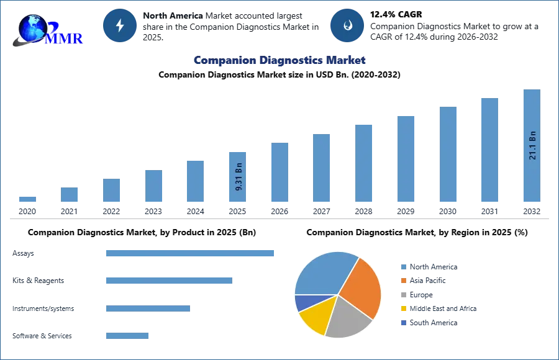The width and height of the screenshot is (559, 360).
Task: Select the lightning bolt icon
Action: [x=120, y=25]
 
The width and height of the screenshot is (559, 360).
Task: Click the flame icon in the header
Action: [x=347, y=25]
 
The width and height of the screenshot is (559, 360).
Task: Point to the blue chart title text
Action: [x=279, y=60]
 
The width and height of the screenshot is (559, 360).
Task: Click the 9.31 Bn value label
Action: [x=239, y=176]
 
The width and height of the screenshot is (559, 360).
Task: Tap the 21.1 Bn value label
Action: [x=532, y=145]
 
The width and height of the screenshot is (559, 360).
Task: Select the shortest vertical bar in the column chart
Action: [x=27, y=199]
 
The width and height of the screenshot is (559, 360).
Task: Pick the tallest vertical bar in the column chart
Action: [x=532, y=146]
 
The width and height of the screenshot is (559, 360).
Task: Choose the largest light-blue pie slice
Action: [x=323, y=273]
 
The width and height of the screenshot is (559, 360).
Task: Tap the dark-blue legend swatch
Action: [x=403, y=323]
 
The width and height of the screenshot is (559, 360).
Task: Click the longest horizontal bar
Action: [x=191, y=253]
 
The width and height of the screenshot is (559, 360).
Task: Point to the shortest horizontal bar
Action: [x=127, y=337]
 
